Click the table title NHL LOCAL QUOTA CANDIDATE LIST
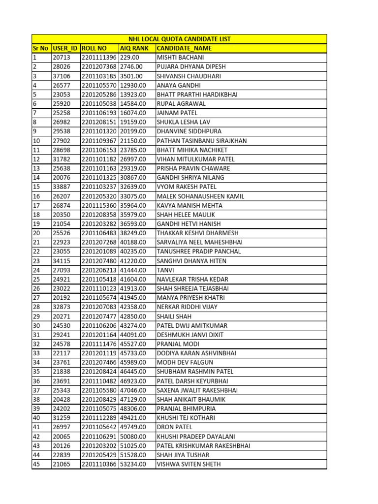[x=179, y=39]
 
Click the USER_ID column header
[x=65, y=48]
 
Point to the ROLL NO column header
[x=94, y=48]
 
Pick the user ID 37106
[x=62, y=76]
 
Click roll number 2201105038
[x=99, y=104]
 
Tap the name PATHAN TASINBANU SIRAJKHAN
[x=201, y=141]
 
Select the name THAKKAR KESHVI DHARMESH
[x=197, y=233]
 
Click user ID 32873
[x=62, y=307]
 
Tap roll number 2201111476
[x=99, y=344]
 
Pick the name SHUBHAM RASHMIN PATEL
[x=195, y=372]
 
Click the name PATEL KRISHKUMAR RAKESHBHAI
[x=203, y=445]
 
